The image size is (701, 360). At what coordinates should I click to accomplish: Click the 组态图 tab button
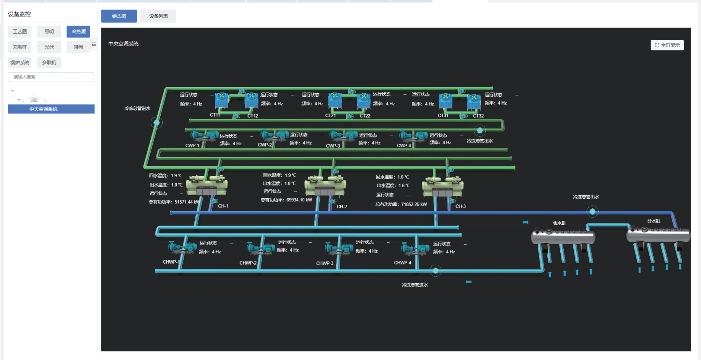click(119, 16)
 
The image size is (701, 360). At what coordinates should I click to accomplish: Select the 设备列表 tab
click(158, 16)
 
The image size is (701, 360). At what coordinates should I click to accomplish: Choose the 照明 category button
click(49, 32)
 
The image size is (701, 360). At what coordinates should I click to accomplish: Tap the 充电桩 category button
click(20, 47)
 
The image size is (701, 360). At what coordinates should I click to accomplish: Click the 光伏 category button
click(49, 47)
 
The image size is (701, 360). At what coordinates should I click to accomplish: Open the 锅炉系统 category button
click(20, 63)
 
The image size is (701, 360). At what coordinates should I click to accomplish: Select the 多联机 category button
click(49, 63)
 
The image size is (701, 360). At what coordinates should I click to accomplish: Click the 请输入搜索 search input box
click(51, 77)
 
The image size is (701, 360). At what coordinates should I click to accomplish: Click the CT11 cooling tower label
click(215, 115)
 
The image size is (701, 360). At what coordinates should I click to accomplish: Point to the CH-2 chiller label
click(342, 207)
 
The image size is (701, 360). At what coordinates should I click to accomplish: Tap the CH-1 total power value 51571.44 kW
click(187, 202)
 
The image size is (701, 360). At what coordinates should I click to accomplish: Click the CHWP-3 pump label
click(325, 263)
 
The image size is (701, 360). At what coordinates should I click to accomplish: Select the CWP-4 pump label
click(404, 146)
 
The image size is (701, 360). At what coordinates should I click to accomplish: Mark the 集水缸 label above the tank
click(559, 223)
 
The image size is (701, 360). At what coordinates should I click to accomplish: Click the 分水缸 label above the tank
click(654, 221)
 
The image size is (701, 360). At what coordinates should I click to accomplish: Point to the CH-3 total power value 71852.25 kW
click(414, 204)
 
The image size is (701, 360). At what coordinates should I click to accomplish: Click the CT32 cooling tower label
click(478, 116)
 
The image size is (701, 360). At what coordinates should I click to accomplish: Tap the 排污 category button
click(78, 47)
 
